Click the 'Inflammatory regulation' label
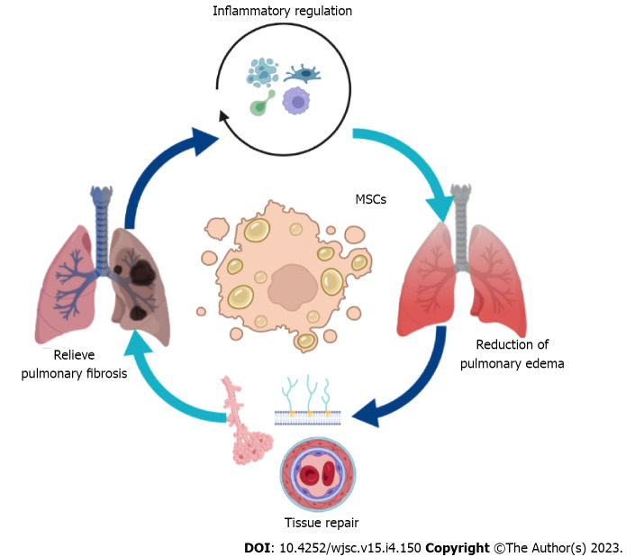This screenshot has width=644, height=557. tap(282, 11)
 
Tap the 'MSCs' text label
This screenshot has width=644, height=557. tap(371, 199)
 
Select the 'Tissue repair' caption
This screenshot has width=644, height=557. tap(322, 523)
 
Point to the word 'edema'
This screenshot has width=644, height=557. tap(545, 363)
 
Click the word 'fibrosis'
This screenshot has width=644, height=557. tap(106, 373)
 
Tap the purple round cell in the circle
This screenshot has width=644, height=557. tap(296, 101)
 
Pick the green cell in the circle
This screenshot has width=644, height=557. tap(261, 103)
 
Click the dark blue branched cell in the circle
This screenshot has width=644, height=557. tap(303, 74)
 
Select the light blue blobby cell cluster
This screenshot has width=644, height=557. tap(262, 72)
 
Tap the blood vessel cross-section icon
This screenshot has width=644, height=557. tap(318, 475)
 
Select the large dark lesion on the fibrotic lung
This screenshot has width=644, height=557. tap(142, 272)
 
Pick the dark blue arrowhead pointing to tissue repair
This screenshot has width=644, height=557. tap(367, 414)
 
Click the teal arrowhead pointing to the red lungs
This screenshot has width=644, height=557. tap(440, 208)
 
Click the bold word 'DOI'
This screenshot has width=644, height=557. tap(258, 548)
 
